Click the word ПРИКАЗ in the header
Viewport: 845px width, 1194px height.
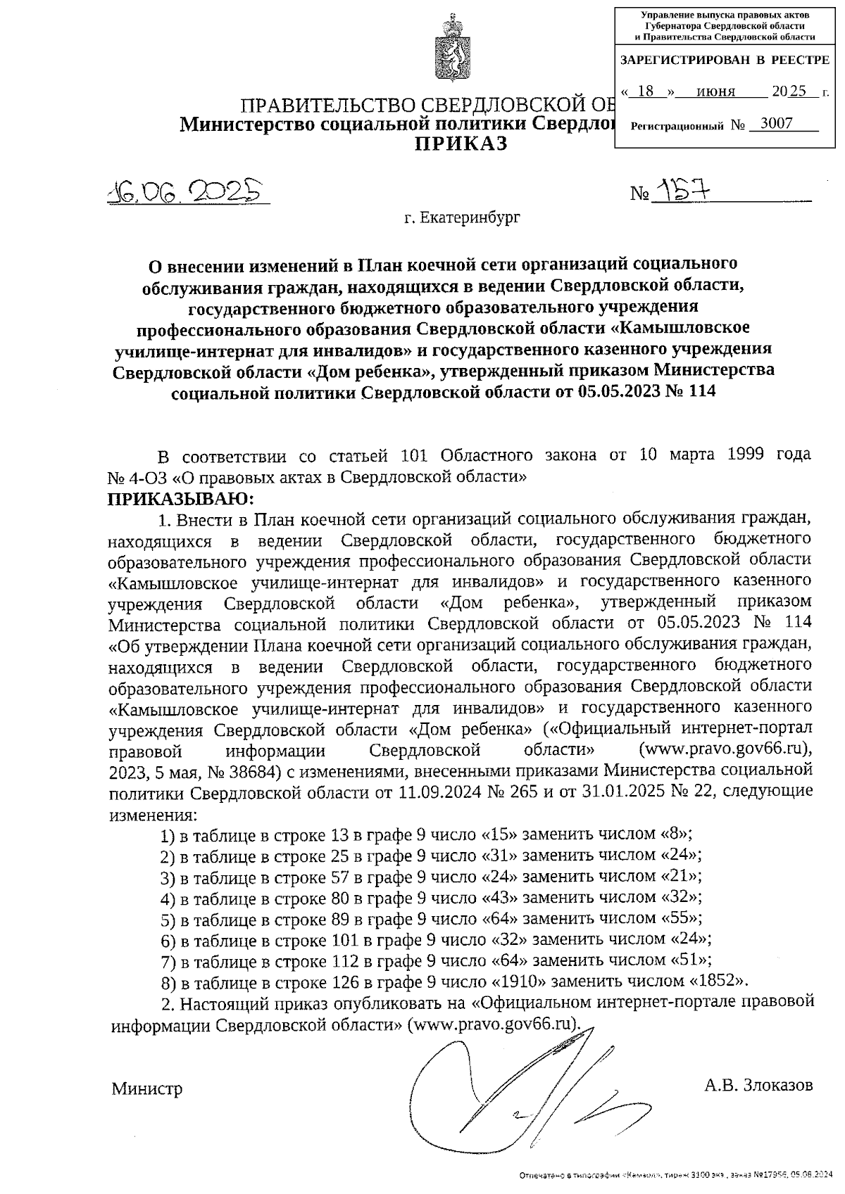pos(459,144)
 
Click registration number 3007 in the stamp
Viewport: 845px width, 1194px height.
pos(772,125)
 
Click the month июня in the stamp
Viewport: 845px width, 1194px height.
pos(715,91)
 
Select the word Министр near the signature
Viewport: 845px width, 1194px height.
pos(147,1089)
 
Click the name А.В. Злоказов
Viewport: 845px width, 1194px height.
pos(758,1084)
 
